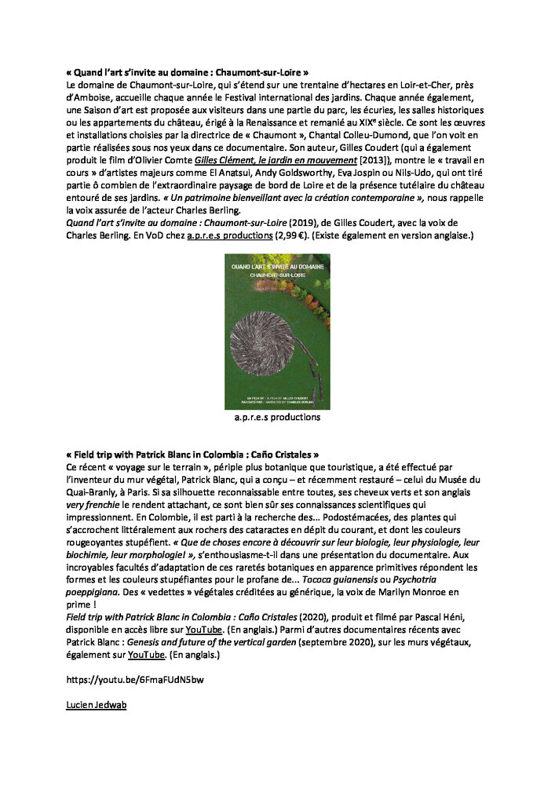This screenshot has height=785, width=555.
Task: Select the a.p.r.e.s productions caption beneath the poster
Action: click(x=277, y=418)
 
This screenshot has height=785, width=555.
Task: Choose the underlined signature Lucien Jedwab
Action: click(x=97, y=704)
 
